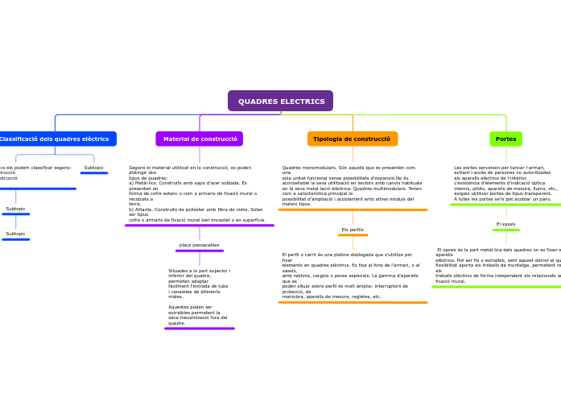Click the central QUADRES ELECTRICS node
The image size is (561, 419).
coord(280,102)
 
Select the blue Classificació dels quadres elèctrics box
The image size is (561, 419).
coord(55,139)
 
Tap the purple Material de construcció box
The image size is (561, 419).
coord(200,139)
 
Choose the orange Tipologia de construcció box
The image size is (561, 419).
coord(352,139)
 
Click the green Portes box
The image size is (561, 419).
coord(505,139)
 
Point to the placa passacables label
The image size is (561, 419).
coord(199,245)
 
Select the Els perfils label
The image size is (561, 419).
coord(353,230)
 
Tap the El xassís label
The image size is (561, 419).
coord(505,224)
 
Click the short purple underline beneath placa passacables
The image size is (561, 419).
coord(199,251)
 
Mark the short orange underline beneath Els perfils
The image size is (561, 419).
coord(353,235)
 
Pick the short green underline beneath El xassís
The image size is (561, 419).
coord(505,230)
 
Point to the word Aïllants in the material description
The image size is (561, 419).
coord(142,209)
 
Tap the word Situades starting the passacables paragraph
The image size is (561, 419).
coord(179,271)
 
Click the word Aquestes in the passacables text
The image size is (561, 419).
coord(179,307)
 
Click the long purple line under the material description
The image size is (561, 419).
coord(200,226)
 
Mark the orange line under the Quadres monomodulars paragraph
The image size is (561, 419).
coord(353,209)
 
